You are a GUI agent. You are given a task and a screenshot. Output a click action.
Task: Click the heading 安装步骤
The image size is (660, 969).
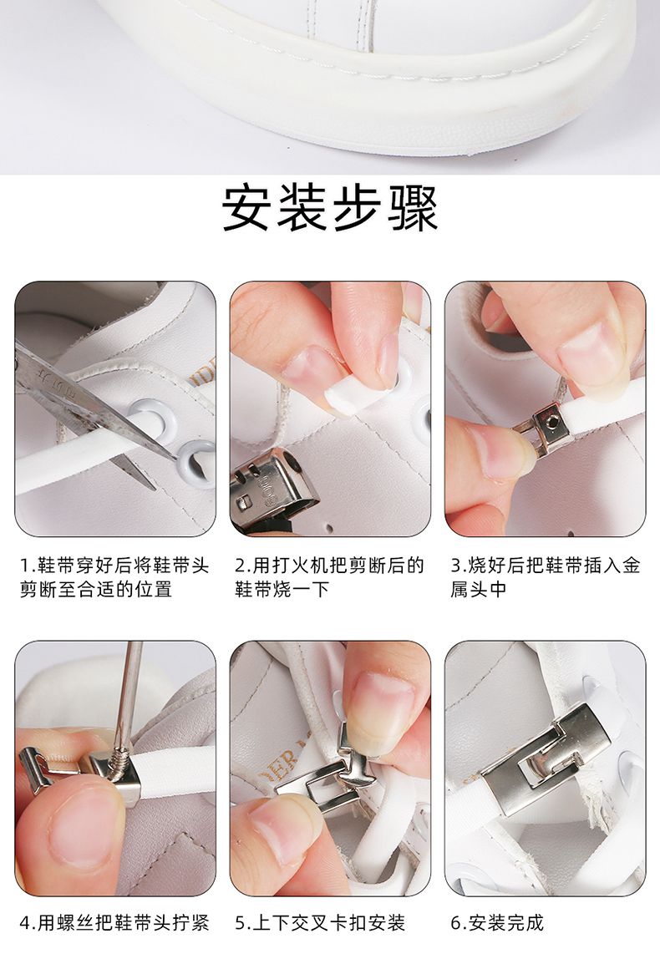coord(330,209)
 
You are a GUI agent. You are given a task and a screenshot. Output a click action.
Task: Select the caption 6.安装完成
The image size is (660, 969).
coord(497,923)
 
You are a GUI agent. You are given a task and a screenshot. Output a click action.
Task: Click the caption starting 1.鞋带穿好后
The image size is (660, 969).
coord(115,577)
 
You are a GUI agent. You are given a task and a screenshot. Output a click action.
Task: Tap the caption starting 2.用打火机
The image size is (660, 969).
coord(329,577)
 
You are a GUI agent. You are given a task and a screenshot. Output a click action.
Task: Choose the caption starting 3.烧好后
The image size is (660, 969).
coord(545,577)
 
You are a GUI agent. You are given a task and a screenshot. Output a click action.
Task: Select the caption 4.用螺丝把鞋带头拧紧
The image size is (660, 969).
coord(115,923)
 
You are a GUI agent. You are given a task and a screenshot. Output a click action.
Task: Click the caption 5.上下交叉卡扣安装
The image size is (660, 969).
coord(319,923)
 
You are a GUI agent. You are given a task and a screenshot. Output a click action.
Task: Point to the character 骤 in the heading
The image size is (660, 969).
coord(413,209)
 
